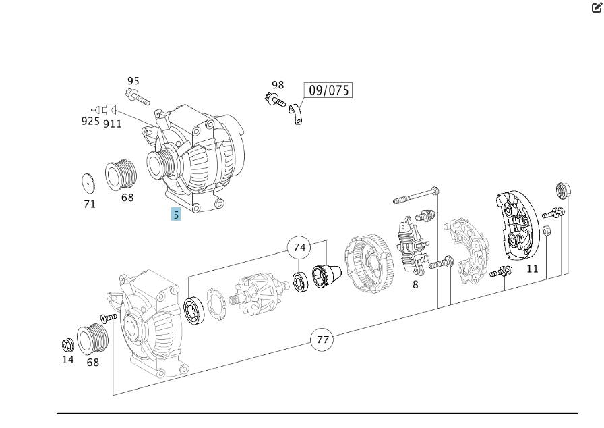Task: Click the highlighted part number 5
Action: (176, 215)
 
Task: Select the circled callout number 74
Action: (300, 248)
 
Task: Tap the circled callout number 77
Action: (323, 339)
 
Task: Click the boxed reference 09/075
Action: (329, 90)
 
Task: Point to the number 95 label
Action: (133, 82)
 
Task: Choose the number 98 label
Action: (278, 85)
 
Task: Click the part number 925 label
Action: (90, 122)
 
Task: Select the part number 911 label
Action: (113, 124)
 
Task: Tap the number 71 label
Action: (90, 204)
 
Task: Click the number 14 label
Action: (68, 360)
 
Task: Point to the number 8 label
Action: (415, 284)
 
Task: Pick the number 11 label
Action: (533, 269)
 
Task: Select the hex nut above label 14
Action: (67, 345)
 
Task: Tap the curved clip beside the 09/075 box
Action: (295, 114)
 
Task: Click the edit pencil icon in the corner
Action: (597, 8)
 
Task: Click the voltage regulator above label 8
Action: (413, 244)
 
